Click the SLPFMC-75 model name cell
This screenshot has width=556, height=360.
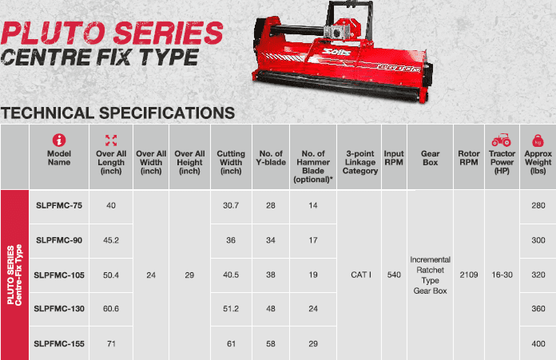59,205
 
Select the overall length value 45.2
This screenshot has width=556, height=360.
111,240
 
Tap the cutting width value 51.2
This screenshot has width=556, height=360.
231,309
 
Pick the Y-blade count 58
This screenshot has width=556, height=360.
271,343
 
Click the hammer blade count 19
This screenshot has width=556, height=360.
313,275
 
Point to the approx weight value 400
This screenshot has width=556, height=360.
538,343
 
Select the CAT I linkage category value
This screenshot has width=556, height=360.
360,275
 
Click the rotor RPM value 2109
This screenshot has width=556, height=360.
469,275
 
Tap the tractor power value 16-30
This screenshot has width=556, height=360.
502,275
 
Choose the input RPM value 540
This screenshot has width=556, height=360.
394,275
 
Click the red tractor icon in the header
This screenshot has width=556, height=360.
501,140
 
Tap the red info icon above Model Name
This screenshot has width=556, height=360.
59,140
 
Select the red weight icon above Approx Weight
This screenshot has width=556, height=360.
538,140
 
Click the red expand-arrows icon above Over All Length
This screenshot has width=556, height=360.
111,140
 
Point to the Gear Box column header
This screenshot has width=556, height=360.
430,158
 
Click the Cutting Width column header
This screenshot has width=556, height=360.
231,162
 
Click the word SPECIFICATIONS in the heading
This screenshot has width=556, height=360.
167,113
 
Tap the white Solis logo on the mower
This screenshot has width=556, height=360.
336,53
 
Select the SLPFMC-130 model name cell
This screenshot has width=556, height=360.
59,309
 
